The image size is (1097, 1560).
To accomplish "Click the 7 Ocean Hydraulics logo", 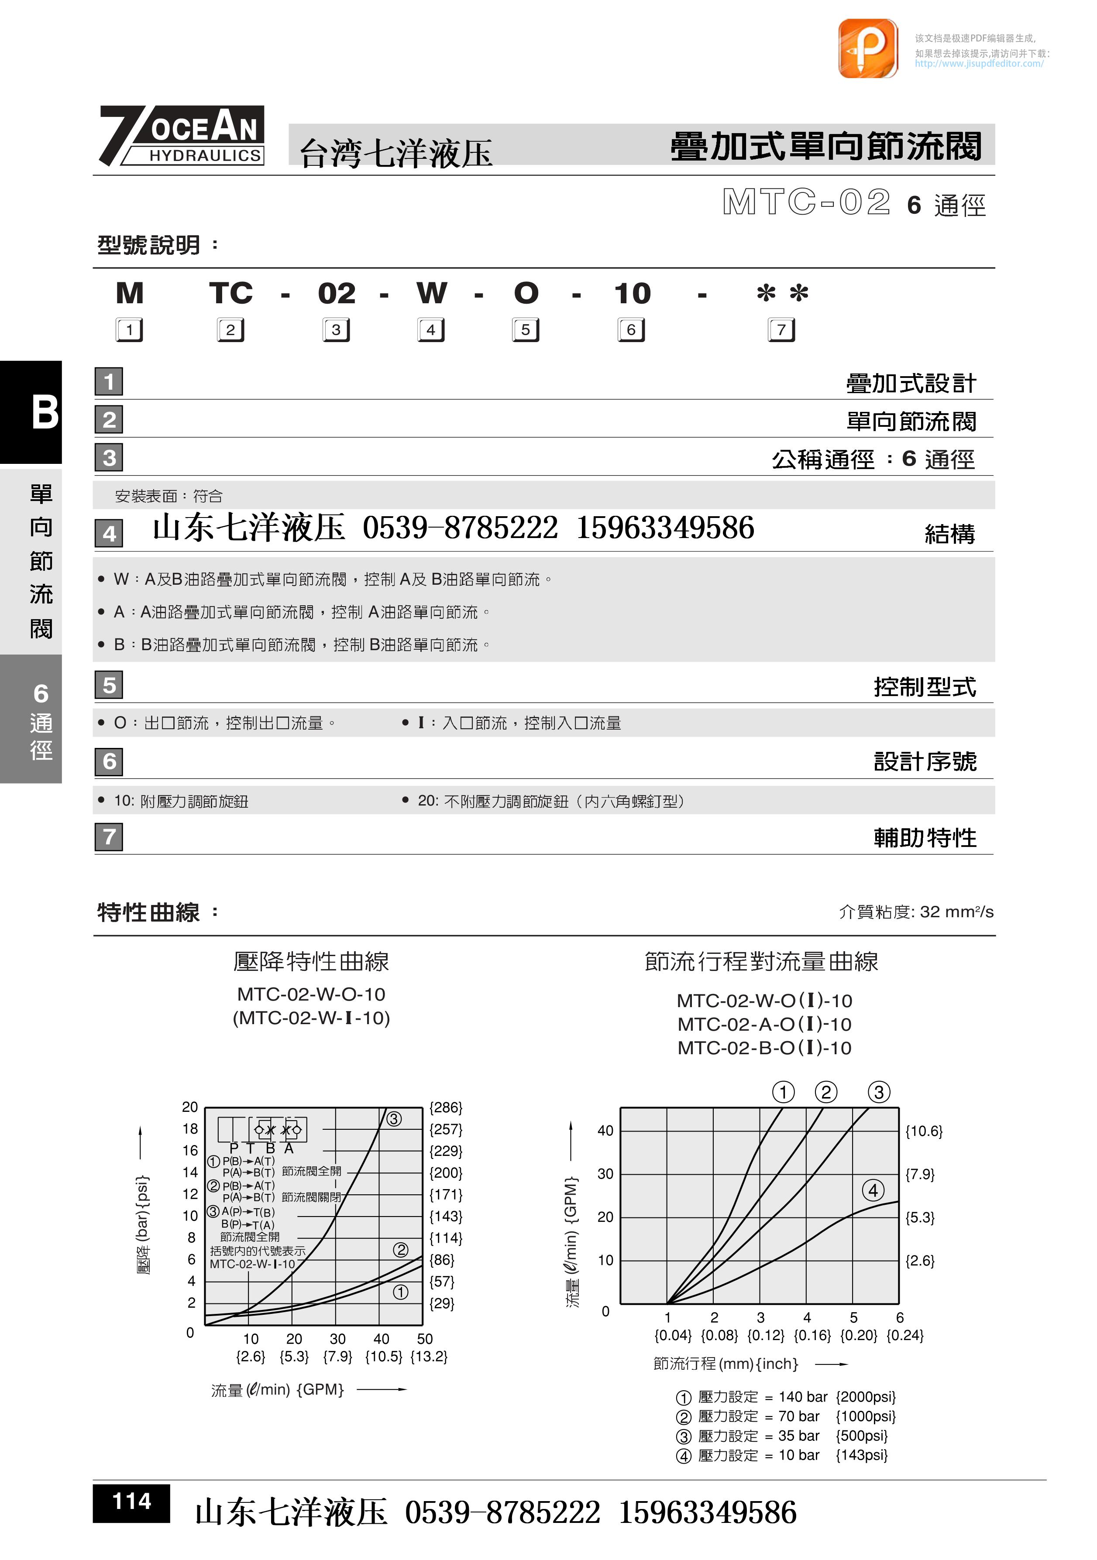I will [182, 135].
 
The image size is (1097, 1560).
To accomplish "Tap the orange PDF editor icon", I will [867, 48].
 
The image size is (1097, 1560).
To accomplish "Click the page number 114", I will [131, 1501].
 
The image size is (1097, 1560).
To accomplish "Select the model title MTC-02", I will [806, 202].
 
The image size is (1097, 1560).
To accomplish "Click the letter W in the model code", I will [432, 294].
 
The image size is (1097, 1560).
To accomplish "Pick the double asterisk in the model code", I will [782, 294].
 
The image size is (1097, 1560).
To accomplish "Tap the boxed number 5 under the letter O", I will [526, 330].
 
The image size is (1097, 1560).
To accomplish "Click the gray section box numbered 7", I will [109, 837].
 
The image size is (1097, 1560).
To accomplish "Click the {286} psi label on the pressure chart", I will [446, 1107].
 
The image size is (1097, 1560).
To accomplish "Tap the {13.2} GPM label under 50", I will [429, 1357].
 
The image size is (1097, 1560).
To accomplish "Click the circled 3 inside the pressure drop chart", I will [394, 1119].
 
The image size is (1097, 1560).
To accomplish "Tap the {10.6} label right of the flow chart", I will [924, 1131].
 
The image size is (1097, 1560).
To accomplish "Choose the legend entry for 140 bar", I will [786, 1397].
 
